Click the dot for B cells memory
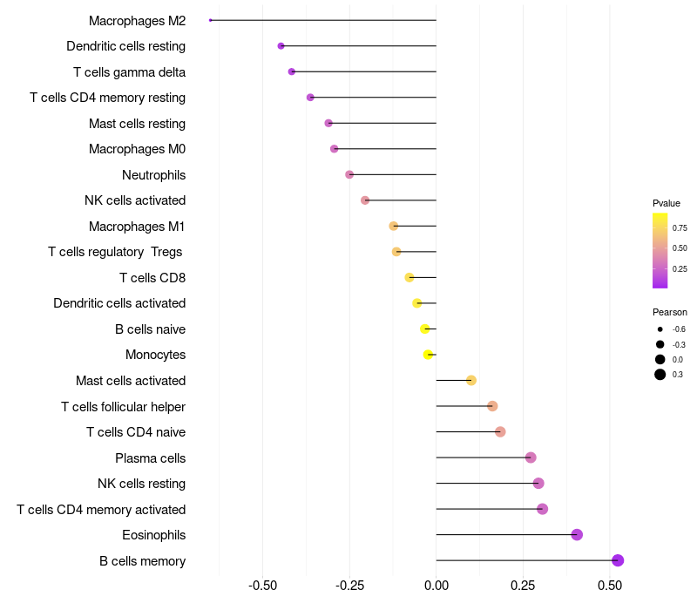pyautogui.click(x=618, y=560)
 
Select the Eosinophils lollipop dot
pyautogui.click(x=577, y=534)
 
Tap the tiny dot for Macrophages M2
pyautogui.click(x=210, y=20)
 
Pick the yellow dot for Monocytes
pyautogui.click(x=428, y=355)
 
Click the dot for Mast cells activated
pyautogui.click(x=471, y=380)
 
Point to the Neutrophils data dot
pyautogui.click(x=349, y=175)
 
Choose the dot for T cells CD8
pyautogui.click(x=409, y=277)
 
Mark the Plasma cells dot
pyautogui.click(x=531, y=457)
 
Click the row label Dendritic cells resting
pyautogui.click(x=125, y=46)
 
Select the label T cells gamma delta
pyautogui.click(x=129, y=72)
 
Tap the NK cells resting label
pyautogui.click(x=141, y=484)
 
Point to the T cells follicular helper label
pyautogui.click(x=123, y=406)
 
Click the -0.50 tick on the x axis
pyautogui.click(x=263, y=585)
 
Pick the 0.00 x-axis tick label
pyautogui.click(x=436, y=585)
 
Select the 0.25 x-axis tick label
pyautogui.click(x=523, y=585)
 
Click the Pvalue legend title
pyautogui.click(x=667, y=203)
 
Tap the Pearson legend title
pyautogui.click(x=669, y=312)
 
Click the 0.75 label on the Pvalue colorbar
pyautogui.click(x=680, y=227)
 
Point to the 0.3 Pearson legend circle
pyautogui.click(x=660, y=375)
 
